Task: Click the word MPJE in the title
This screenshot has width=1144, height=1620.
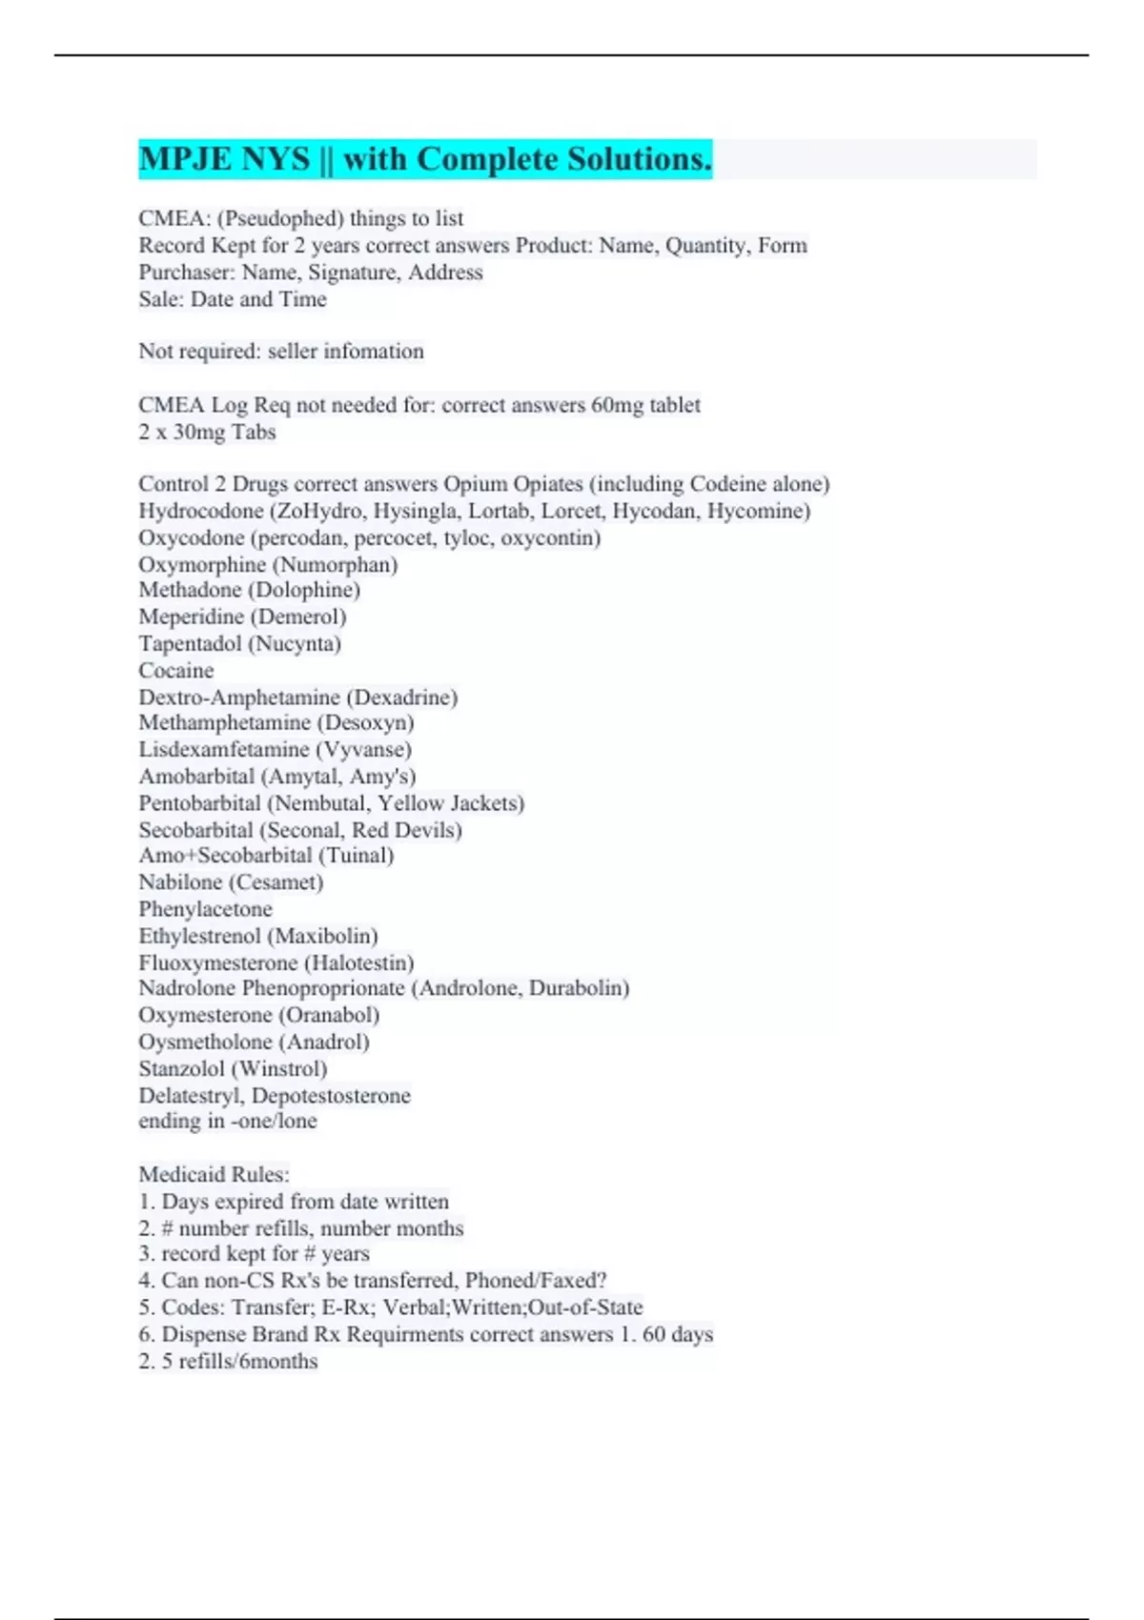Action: (177, 159)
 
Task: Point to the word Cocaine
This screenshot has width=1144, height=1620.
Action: (176, 671)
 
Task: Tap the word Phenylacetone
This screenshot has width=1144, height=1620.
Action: (205, 909)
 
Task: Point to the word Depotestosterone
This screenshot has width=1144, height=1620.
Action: (331, 1096)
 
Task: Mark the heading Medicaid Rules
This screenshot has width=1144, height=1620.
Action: (214, 1175)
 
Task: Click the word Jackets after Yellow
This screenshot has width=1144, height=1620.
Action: (486, 803)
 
